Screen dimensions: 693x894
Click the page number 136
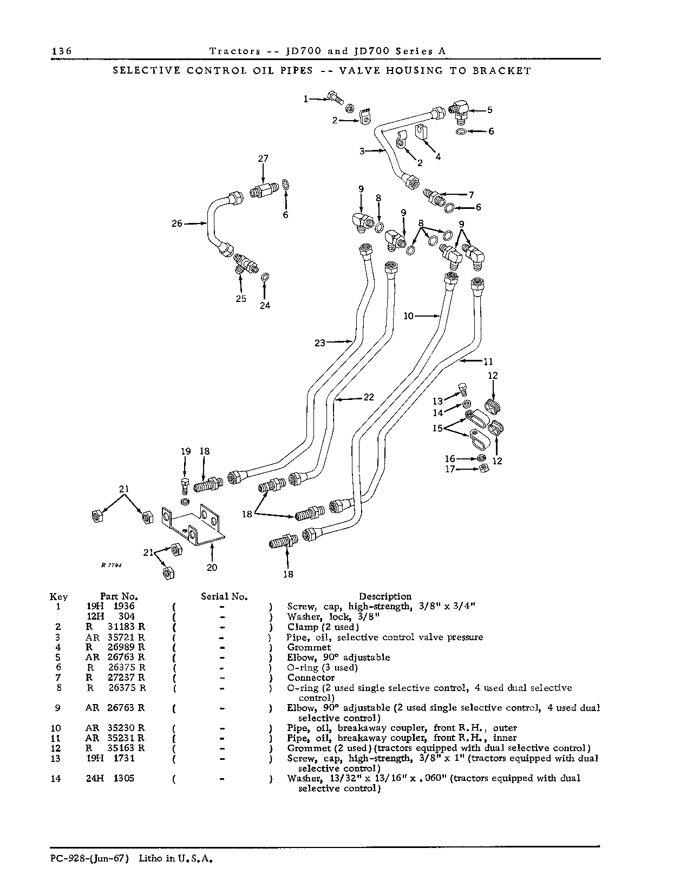[62, 51]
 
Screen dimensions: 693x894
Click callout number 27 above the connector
[263, 159]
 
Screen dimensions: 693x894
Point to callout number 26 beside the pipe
[177, 223]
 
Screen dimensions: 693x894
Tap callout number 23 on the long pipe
[320, 343]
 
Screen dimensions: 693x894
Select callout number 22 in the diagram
[369, 397]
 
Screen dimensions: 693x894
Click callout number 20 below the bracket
[212, 567]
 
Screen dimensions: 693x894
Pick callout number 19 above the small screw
[186, 451]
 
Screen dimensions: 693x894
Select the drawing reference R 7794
[110, 565]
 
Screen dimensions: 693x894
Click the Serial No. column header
[224, 596]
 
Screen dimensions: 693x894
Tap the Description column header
[385, 596]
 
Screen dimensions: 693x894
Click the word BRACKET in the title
[501, 71]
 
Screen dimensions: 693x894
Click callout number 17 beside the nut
[450, 469]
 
